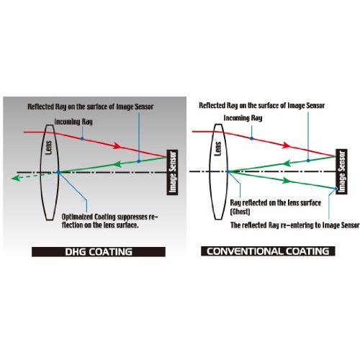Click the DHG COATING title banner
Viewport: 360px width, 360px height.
99,252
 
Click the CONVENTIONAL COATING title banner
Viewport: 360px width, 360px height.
268,251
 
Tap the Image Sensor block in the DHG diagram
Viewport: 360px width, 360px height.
172,172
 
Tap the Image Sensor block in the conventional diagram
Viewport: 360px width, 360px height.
341,171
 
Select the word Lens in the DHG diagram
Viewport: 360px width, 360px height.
48,148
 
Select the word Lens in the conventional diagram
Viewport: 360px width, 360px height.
217,149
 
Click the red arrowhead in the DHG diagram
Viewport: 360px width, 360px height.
117,145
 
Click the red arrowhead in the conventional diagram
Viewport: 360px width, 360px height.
287,145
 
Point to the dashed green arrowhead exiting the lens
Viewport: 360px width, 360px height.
16,178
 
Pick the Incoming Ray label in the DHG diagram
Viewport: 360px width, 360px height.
73,122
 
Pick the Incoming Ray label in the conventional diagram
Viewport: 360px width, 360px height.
243,118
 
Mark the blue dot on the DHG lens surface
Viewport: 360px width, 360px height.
58,172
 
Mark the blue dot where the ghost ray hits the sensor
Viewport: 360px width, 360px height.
336,189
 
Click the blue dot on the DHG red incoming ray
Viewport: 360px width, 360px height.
82,139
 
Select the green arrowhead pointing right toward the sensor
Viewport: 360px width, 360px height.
286,181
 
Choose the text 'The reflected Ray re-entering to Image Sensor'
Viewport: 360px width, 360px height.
295,225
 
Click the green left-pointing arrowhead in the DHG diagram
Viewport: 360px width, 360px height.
117,164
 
